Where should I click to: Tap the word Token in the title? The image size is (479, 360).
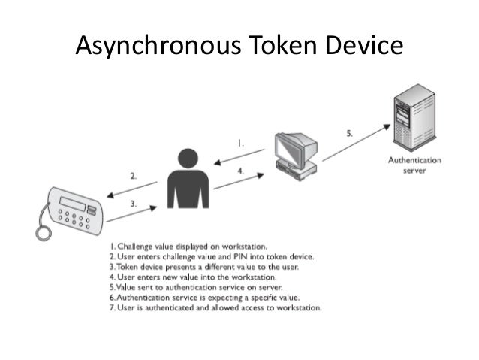click(279, 46)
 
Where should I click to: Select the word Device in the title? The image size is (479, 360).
click(363, 46)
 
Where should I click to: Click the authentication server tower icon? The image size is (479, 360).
click(414, 116)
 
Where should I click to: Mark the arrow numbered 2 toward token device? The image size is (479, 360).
click(131, 189)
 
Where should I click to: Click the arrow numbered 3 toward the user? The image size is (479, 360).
click(131, 211)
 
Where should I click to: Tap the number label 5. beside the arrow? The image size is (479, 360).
click(349, 133)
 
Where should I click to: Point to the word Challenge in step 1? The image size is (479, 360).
click(136, 245)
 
